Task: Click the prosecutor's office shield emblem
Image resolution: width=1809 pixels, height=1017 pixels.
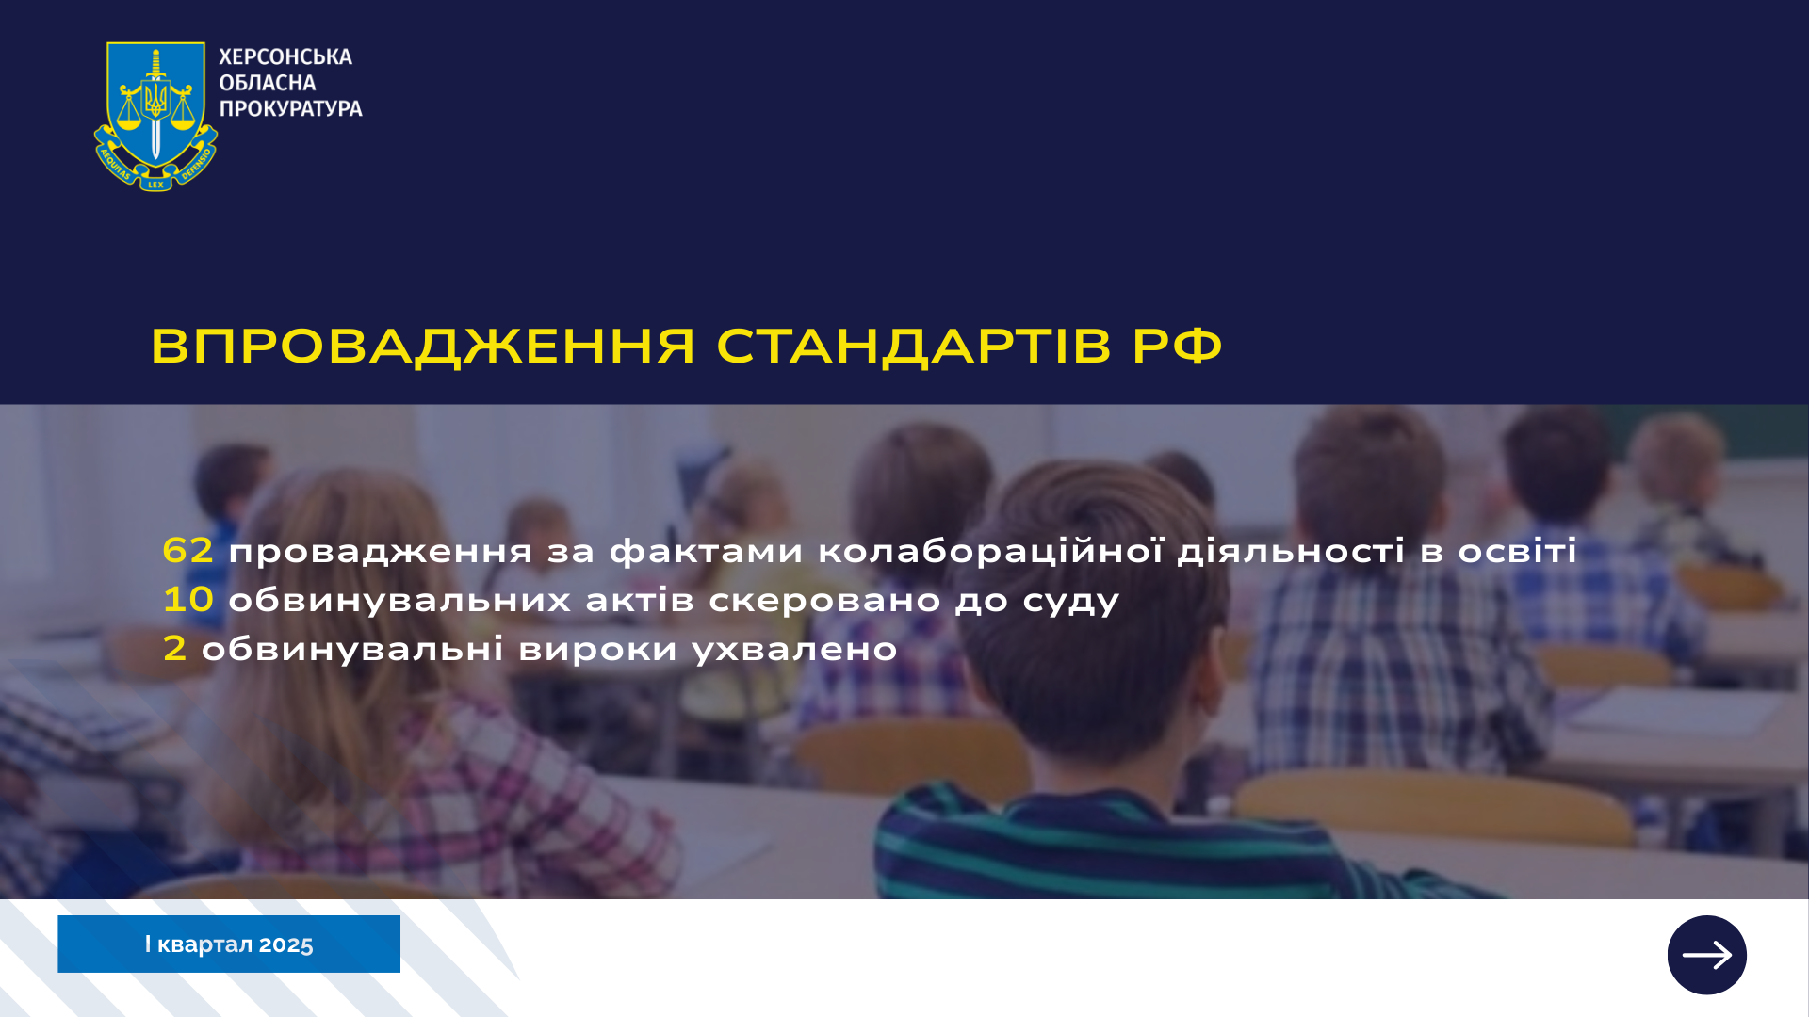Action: coord(155,116)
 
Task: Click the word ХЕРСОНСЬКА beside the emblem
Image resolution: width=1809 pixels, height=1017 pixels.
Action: coord(285,57)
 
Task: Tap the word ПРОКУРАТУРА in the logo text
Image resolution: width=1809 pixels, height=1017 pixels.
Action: coord(291,109)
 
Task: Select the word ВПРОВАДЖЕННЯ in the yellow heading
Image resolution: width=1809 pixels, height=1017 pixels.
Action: coord(423,347)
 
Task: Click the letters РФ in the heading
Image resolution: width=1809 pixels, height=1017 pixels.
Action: coord(1178,346)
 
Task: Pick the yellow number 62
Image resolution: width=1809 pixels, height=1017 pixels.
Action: coord(188,550)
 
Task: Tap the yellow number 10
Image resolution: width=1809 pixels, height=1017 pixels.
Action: coord(188,599)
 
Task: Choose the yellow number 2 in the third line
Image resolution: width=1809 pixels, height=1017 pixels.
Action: coord(175,648)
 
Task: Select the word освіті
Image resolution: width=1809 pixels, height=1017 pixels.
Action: coord(1518,551)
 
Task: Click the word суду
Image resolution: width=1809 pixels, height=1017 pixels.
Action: coord(1071,602)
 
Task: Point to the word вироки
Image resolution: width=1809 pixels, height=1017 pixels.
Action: coord(598,650)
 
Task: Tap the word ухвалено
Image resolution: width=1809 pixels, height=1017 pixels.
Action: coord(795,650)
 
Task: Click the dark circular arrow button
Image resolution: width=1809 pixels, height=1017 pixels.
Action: coord(1706,955)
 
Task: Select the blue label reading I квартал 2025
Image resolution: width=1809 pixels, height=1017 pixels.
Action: coord(229,944)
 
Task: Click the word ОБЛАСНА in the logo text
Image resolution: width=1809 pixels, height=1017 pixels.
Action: coord(268,83)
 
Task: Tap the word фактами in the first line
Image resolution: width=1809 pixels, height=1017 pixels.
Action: coord(707,551)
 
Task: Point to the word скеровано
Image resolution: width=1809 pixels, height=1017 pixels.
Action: coord(824,601)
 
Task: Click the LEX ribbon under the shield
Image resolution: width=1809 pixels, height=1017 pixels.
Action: coord(155,185)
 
